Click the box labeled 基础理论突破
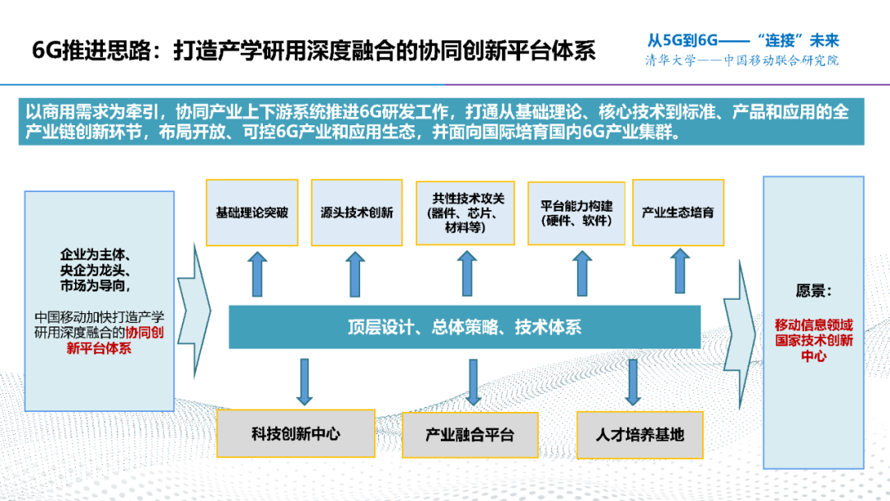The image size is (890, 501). [x=251, y=213]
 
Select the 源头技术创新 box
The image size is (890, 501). [x=357, y=213]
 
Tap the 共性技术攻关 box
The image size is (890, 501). [x=466, y=213]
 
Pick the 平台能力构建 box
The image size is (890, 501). [x=576, y=213]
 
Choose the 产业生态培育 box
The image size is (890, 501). [x=677, y=213]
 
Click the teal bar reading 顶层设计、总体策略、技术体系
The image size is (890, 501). [x=464, y=327]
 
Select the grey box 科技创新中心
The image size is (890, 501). [x=296, y=433]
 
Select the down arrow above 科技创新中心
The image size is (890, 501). [x=304, y=382]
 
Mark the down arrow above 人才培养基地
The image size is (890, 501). [x=632, y=382]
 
